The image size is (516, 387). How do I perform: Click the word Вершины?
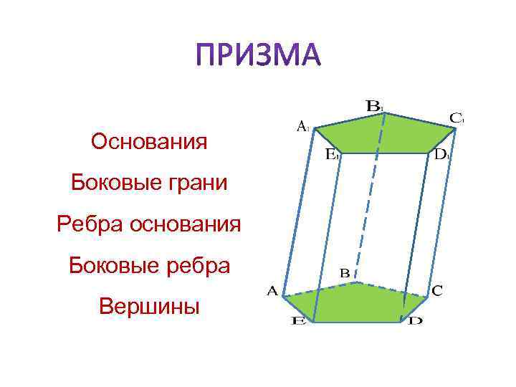(x=150, y=307)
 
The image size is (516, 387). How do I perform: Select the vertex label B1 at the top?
(x=375, y=105)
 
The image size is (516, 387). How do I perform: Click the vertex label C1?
(x=457, y=117)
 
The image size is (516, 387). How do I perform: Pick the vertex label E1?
(x=333, y=153)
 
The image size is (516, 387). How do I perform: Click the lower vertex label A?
(x=272, y=291)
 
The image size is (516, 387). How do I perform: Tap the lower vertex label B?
(x=345, y=273)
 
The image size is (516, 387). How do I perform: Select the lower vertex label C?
(x=437, y=290)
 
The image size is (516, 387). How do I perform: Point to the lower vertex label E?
(x=298, y=322)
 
